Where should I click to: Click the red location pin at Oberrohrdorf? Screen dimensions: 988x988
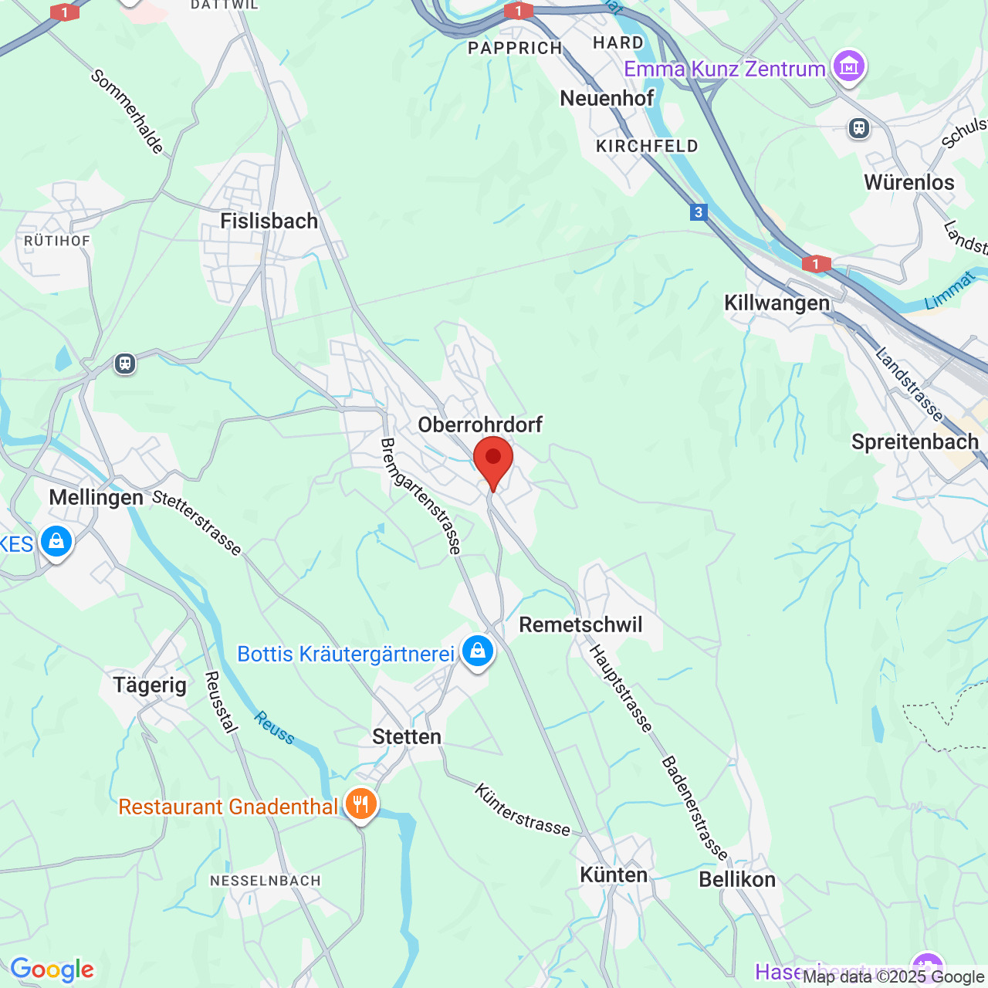pos(492,459)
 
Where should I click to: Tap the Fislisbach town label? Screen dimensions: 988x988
pos(269,222)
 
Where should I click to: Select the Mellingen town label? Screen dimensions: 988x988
pos(96,497)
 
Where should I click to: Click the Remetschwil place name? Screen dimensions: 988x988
pos(580,624)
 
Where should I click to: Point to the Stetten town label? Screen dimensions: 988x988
pos(407,736)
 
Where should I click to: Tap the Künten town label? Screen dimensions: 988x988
pos(614,875)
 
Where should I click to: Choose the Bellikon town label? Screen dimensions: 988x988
pos(737,879)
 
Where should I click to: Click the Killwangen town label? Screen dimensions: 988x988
pos(777,303)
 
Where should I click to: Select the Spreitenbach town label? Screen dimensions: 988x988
pos(915,442)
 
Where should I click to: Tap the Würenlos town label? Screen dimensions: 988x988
pos(909,183)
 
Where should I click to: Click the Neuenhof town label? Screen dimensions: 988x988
pos(607,99)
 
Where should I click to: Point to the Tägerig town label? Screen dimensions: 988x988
pos(150,685)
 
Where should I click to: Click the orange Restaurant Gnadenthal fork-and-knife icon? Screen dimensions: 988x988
pos(360,805)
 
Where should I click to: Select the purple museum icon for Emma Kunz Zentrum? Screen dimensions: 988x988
pos(849,67)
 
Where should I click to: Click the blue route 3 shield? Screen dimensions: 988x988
pos(699,212)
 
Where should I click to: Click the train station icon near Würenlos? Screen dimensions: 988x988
pos(859,128)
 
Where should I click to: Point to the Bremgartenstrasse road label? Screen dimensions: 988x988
pos(421,496)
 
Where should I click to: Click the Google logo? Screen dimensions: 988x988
pos(52,969)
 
